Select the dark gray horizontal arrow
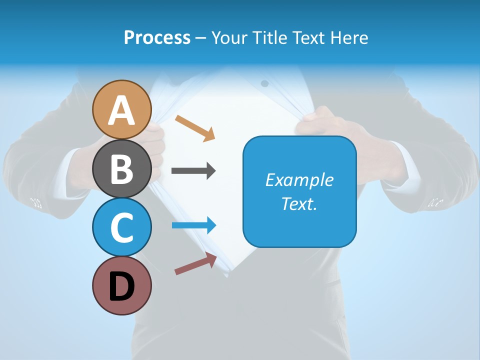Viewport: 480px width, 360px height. (x=193, y=171)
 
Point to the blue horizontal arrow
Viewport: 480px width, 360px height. (x=194, y=225)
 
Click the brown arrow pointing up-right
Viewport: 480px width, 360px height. (x=195, y=263)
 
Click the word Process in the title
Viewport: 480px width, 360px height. (x=157, y=37)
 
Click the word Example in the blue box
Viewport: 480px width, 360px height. (x=299, y=180)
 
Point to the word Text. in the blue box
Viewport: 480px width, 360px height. (x=299, y=204)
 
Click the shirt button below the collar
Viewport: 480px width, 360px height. (x=264, y=83)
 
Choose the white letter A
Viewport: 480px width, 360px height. (x=122, y=110)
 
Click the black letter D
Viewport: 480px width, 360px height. (x=122, y=286)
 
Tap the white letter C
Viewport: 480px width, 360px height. (x=122, y=227)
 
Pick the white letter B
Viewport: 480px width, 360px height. (x=122, y=169)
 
